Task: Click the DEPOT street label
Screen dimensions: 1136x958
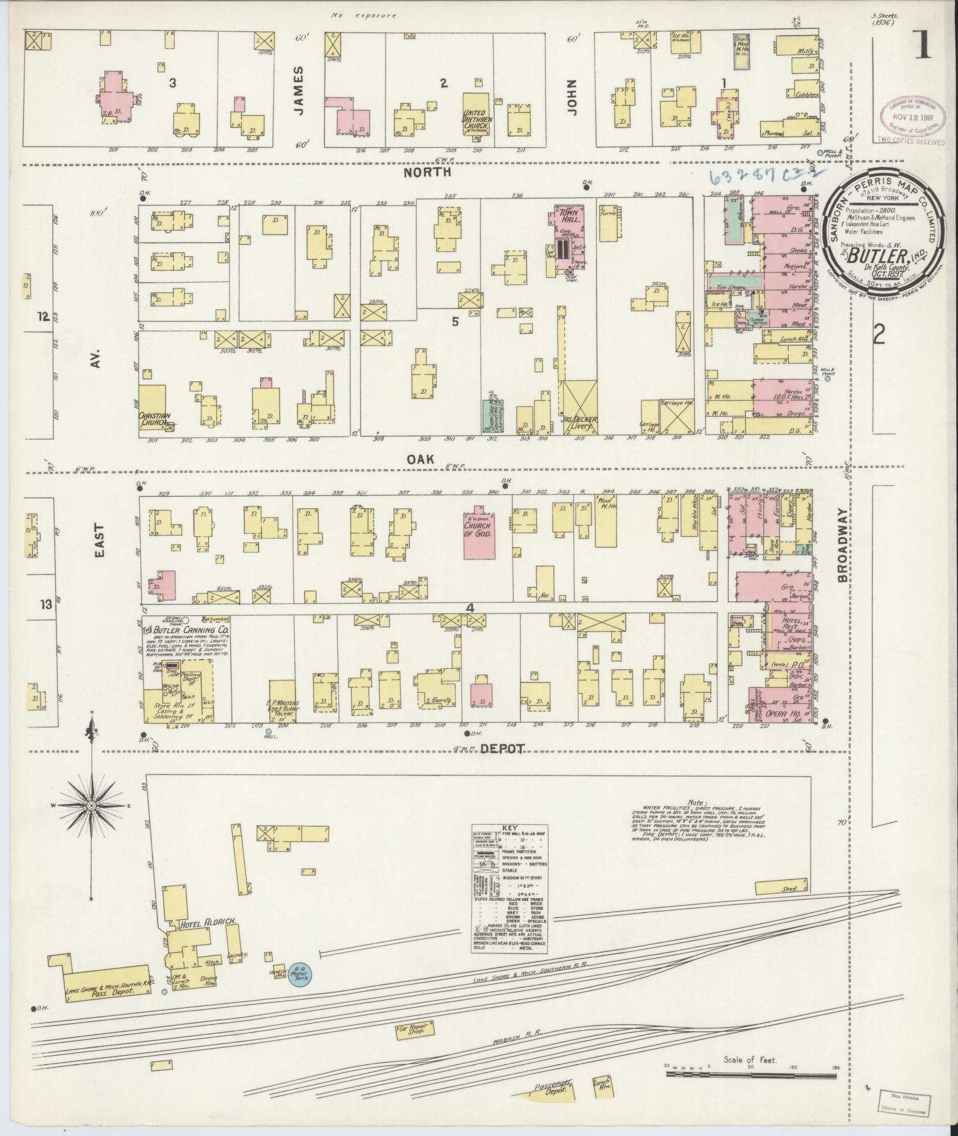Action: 504,749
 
